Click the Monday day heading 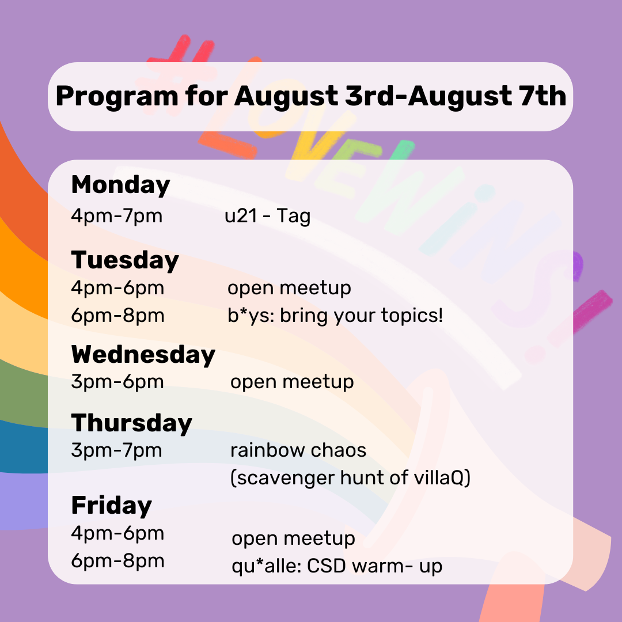pos(120,185)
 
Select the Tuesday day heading pos(125,260)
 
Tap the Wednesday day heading pos(143,355)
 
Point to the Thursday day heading pos(132,423)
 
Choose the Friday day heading pos(112,506)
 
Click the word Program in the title pos(117,97)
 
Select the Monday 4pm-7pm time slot pos(116,216)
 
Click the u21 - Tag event pos(267,216)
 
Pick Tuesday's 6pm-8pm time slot pos(117,316)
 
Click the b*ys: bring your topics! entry pos(335,316)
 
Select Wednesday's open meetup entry pos(292,382)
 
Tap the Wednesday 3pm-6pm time pos(117,382)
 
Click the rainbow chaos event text pos(298,450)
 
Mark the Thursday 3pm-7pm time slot pos(116,450)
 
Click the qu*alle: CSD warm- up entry pos(337,566)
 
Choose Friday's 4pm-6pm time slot pos(117,533)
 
